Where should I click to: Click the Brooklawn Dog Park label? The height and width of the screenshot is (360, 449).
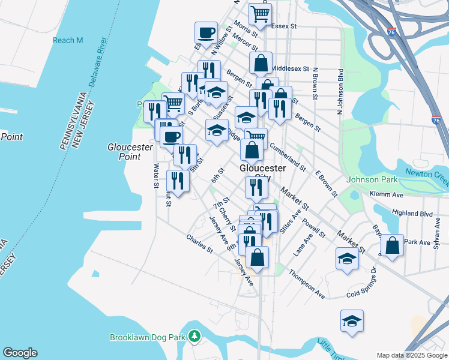click(x=146, y=337)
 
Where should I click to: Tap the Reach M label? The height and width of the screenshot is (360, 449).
click(x=68, y=40)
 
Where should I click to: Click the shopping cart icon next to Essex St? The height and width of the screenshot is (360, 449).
click(x=260, y=14)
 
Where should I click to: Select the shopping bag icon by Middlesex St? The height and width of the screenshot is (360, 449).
click(x=261, y=62)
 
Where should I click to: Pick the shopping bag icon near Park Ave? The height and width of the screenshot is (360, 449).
click(x=392, y=245)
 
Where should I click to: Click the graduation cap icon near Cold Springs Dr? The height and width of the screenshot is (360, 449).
click(x=347, y=259)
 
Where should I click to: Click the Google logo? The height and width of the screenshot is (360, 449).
click(x=20, y=353)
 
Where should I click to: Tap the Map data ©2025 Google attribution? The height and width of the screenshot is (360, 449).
click(x=412, y=355)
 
